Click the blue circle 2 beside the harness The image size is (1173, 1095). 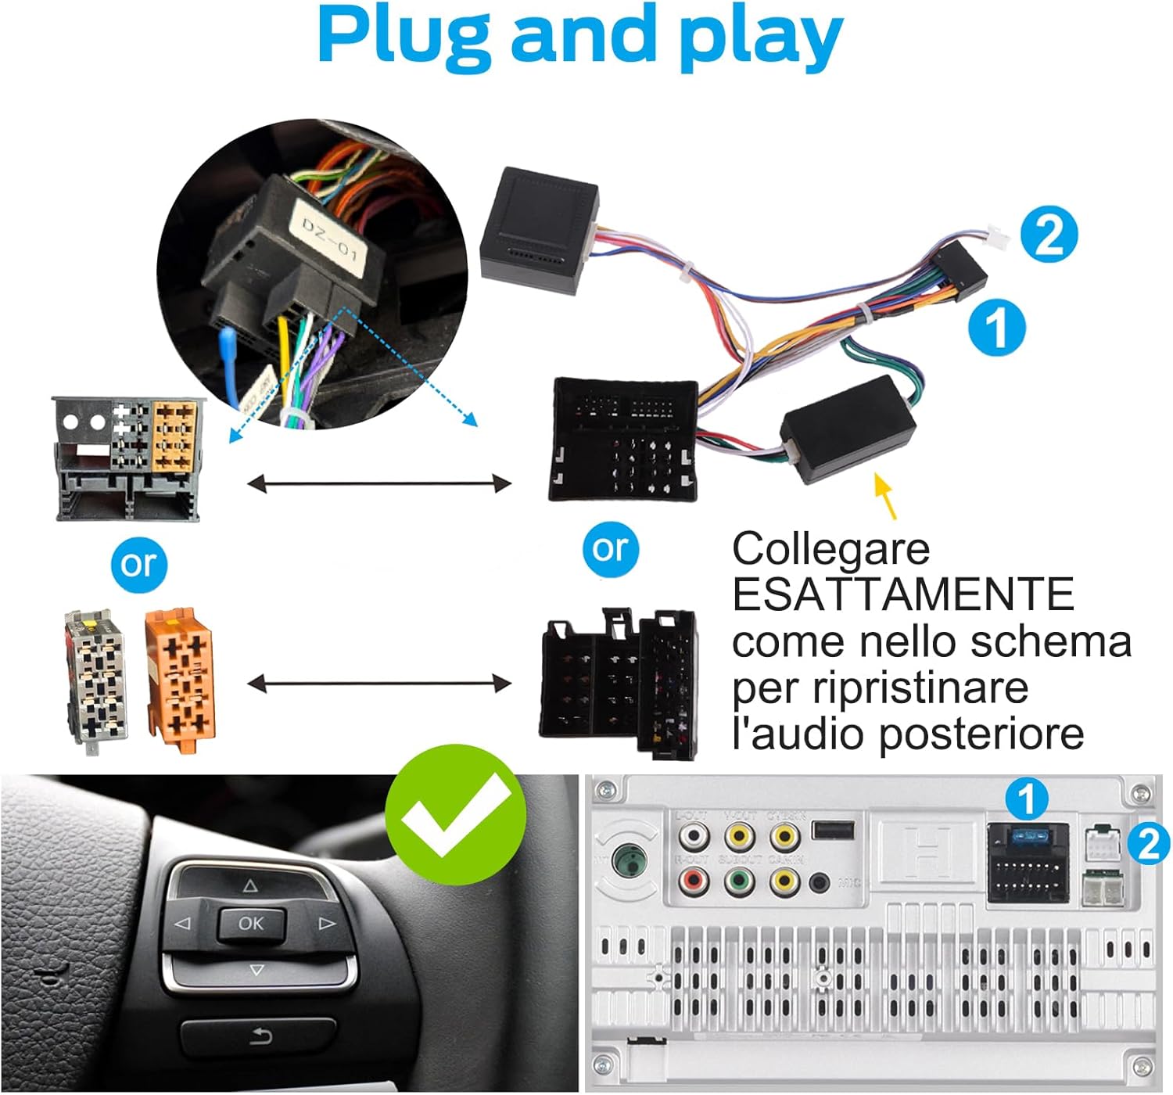tap(1049, 235)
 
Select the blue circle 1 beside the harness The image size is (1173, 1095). tap(997, 327)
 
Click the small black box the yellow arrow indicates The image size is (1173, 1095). tap(848, 429)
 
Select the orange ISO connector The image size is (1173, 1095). tap(180, 680)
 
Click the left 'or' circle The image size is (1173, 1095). tap(139, 563)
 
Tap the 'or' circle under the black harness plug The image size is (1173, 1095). tap(611, 549)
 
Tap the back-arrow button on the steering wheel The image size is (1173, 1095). tap(260, 1037)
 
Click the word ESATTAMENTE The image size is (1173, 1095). tap(902, 594)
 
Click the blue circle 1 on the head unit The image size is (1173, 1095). tap(1027, 799)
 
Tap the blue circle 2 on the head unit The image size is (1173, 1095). tap(1147, 844)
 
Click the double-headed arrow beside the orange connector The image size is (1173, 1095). tap(379, 685)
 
